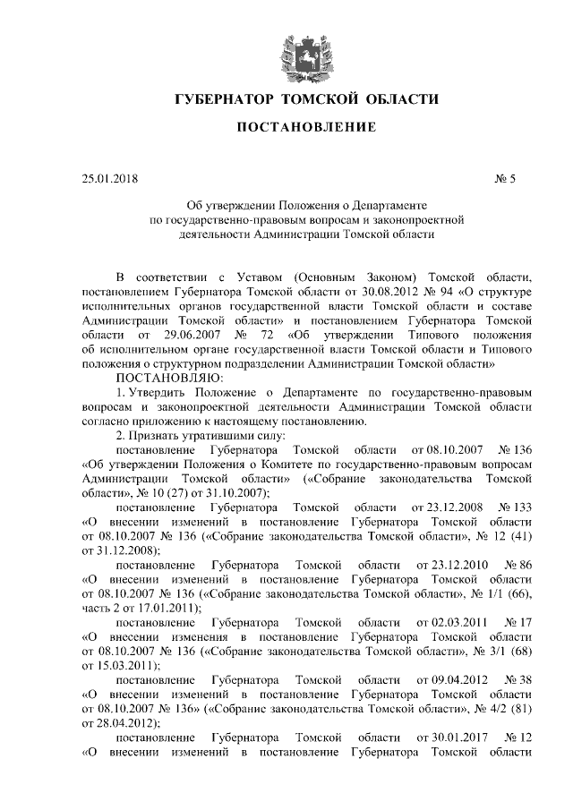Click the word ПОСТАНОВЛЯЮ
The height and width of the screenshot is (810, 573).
point(168,378)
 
